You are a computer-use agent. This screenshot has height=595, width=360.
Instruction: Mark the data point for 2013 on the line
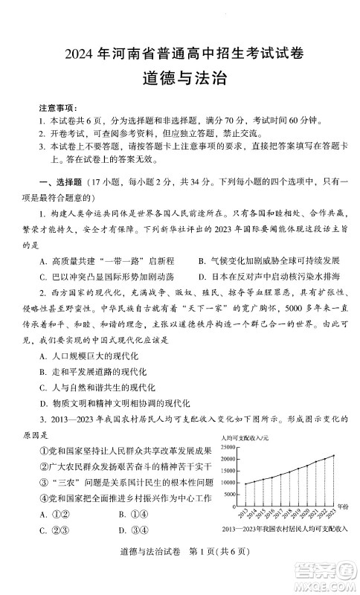(246, 484)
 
